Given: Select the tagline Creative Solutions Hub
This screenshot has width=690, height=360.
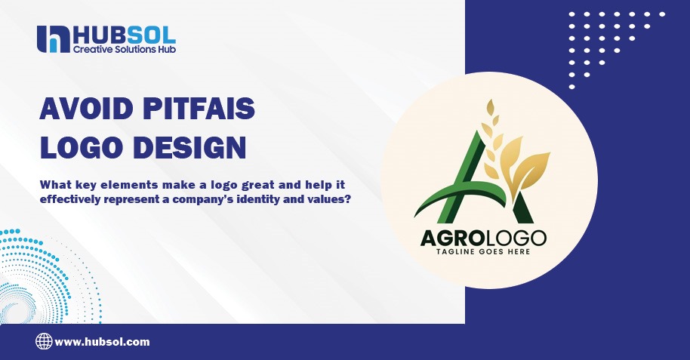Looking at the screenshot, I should (124, 50).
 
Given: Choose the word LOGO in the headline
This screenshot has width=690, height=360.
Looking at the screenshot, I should (76, 146).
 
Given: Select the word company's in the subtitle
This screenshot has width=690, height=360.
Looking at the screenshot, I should (215, 201).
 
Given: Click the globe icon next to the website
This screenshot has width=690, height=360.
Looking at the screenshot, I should (44, 341).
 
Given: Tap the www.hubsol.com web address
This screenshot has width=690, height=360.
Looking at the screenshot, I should (103, 342).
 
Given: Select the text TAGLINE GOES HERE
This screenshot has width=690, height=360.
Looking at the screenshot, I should (484, 252).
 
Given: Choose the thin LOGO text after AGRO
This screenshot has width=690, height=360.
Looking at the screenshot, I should (514, 239).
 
